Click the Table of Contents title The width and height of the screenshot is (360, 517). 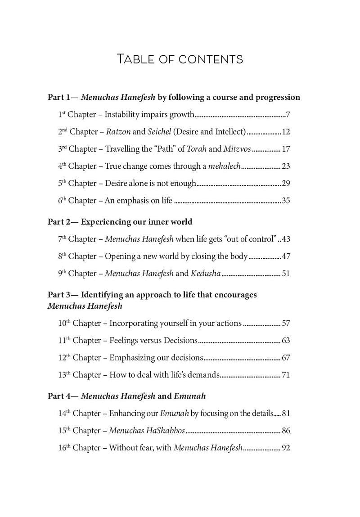(180, 59)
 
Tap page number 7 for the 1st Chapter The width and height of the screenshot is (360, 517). (288, 115)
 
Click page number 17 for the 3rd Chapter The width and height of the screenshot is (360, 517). (286, 149)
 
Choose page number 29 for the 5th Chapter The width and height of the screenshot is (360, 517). (286, 183)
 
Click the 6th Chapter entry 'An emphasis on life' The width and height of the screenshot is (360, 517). (139, 201)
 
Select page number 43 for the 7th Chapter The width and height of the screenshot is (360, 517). (286, 239)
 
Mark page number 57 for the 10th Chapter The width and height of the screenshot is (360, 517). (286, 323)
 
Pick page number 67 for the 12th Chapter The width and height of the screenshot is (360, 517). (286, 358)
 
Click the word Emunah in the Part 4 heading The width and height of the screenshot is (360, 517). (190, 396)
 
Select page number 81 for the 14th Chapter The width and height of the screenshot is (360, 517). (286, 414)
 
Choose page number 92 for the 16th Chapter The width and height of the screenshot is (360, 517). (286, 448)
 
